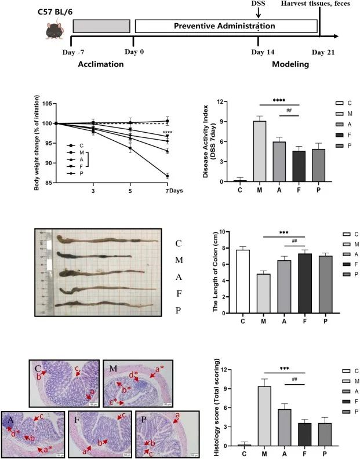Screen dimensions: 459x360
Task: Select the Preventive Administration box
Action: click(227, 26)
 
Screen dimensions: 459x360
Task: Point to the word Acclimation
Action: click(101, 64)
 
